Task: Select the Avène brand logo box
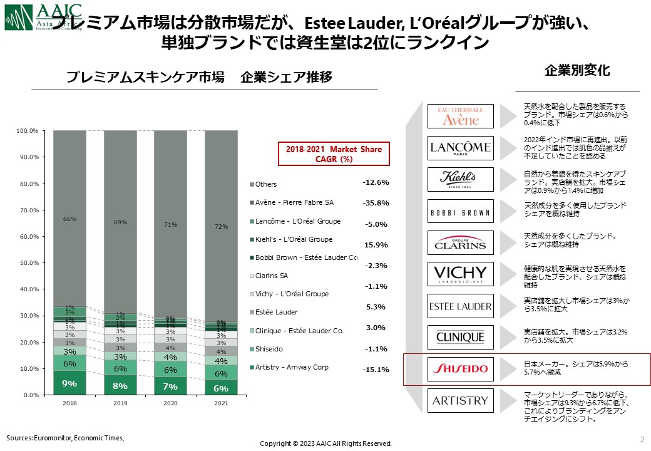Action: click(x=460, y=117)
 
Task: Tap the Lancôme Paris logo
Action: click(x=460, y=148)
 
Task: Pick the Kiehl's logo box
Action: click(x=460, y=180)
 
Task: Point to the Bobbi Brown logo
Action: click(x=460, y=212)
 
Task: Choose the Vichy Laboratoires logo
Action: click(x=460, y=274)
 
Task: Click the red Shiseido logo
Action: click(x=460, y=369)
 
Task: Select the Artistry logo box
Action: click(x=460, y=400)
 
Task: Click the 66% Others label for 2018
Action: click(x=69, y=219)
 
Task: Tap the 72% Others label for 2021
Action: click(x=222, y=226)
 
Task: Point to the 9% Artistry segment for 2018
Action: click(x=69, y=383)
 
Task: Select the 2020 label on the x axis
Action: click(x=171, y=404)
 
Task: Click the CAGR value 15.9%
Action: click(x=376, y=245)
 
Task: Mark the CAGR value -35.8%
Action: click(x=376, y=203)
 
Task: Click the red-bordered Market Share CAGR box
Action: click(x=329, y=154)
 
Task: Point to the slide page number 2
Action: click(x=642, y=438)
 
